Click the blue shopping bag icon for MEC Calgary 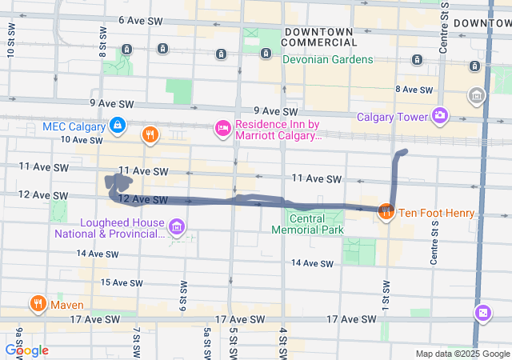[x=118, y=125]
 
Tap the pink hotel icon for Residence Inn [x=223, y=128]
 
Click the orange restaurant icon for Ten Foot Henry [x=386, y=212]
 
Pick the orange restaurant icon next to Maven [x=38, y=304]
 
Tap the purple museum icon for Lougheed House [x=177, y=228]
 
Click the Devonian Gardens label [x=327, y=59]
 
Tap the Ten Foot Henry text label [x=437, y=213]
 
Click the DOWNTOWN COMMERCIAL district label [x=318, y=36]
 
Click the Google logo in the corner [x=26, y=350]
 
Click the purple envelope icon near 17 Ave [x=483, y=311]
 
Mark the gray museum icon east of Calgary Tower [x=477, y=96]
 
